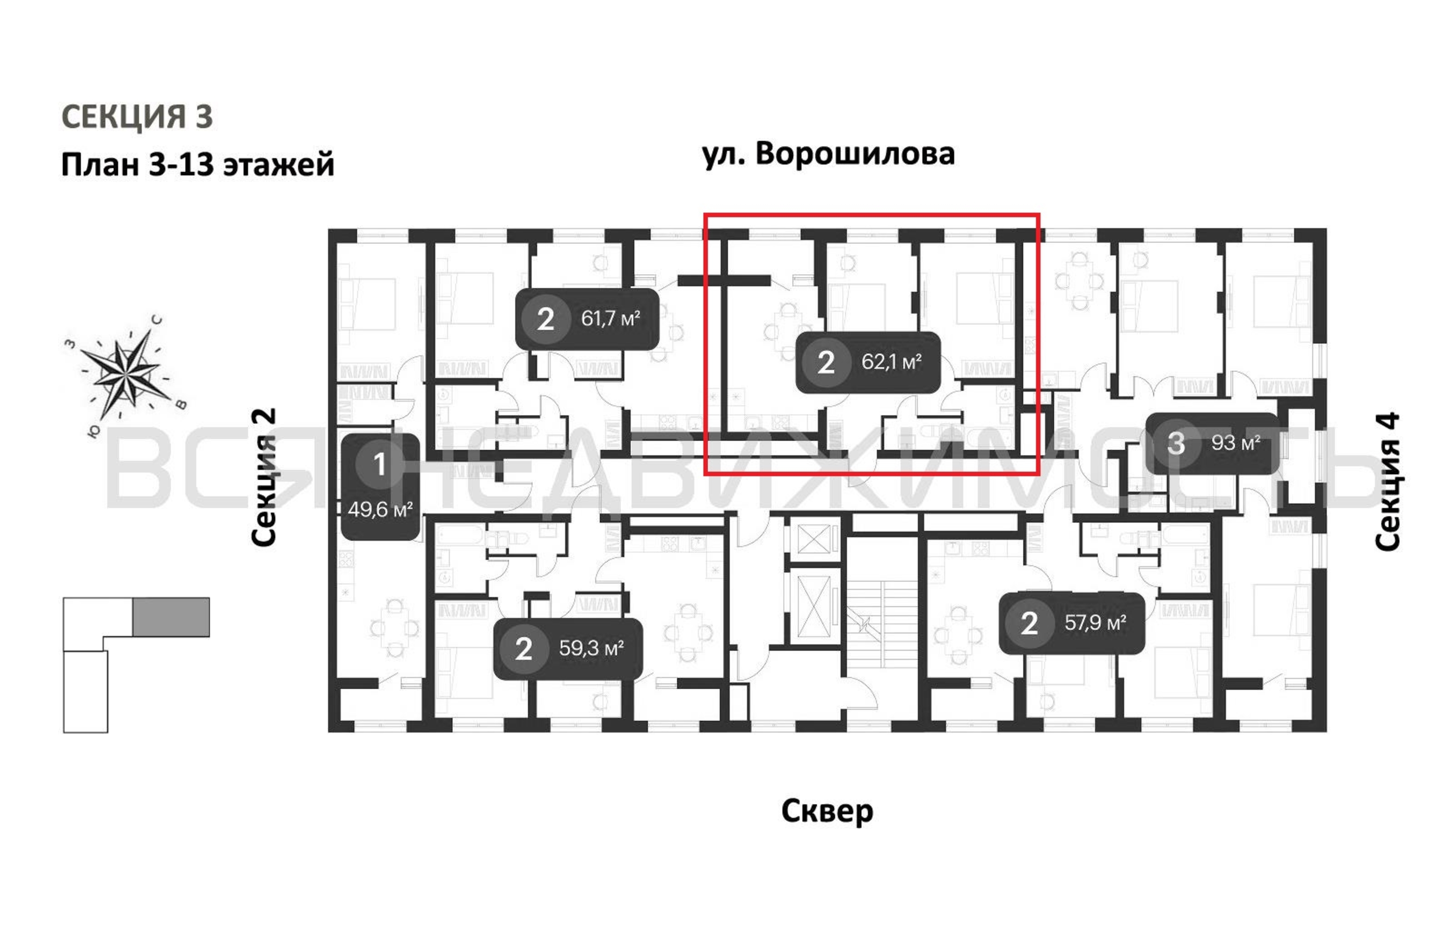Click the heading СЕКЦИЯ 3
pos(137,116)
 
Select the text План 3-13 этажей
pos(197,164)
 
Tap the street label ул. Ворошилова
pos(828,154)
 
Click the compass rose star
pos(126,373)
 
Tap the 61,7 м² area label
pos(610,318)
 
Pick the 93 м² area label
pos(1235,443)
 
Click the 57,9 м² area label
pos(1095,622)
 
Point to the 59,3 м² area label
pos(590,648)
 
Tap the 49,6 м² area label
pos(380,510)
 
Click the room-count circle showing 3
pos(1175,443)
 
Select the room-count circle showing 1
pos(379,464)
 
